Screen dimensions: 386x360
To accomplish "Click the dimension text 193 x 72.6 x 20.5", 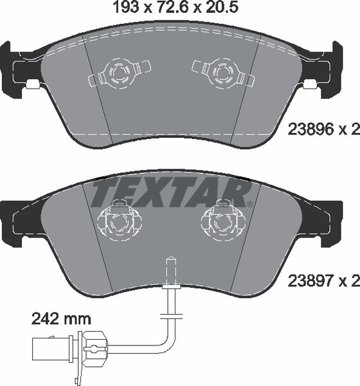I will (179, 10).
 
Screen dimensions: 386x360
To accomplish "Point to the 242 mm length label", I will (61, 318).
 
